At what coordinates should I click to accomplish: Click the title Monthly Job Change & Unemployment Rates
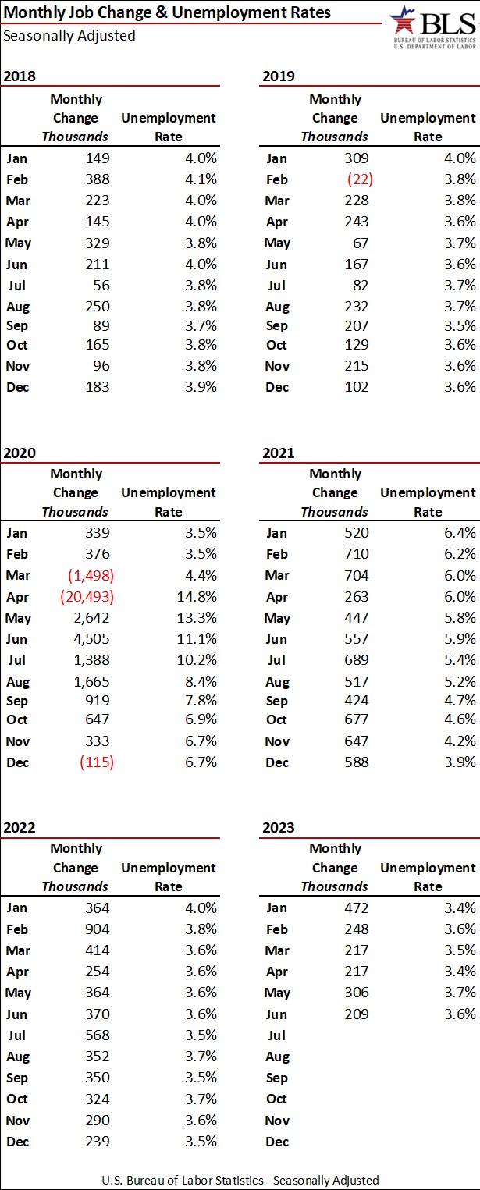coord(167,12)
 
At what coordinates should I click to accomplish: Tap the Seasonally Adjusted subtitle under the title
coord(69,35)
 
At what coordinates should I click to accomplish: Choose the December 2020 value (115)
coord(97,762)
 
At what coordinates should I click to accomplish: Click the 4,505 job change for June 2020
coord(92,639)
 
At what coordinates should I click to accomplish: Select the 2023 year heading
coord(279,827)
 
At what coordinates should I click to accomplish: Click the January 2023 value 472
coord(354,908)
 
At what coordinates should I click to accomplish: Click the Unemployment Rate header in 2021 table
coord(427,503)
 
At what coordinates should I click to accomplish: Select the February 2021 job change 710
coord(354,555)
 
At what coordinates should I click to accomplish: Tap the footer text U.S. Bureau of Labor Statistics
coord(240,1180)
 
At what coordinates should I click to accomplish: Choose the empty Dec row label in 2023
coord(277,1142)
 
